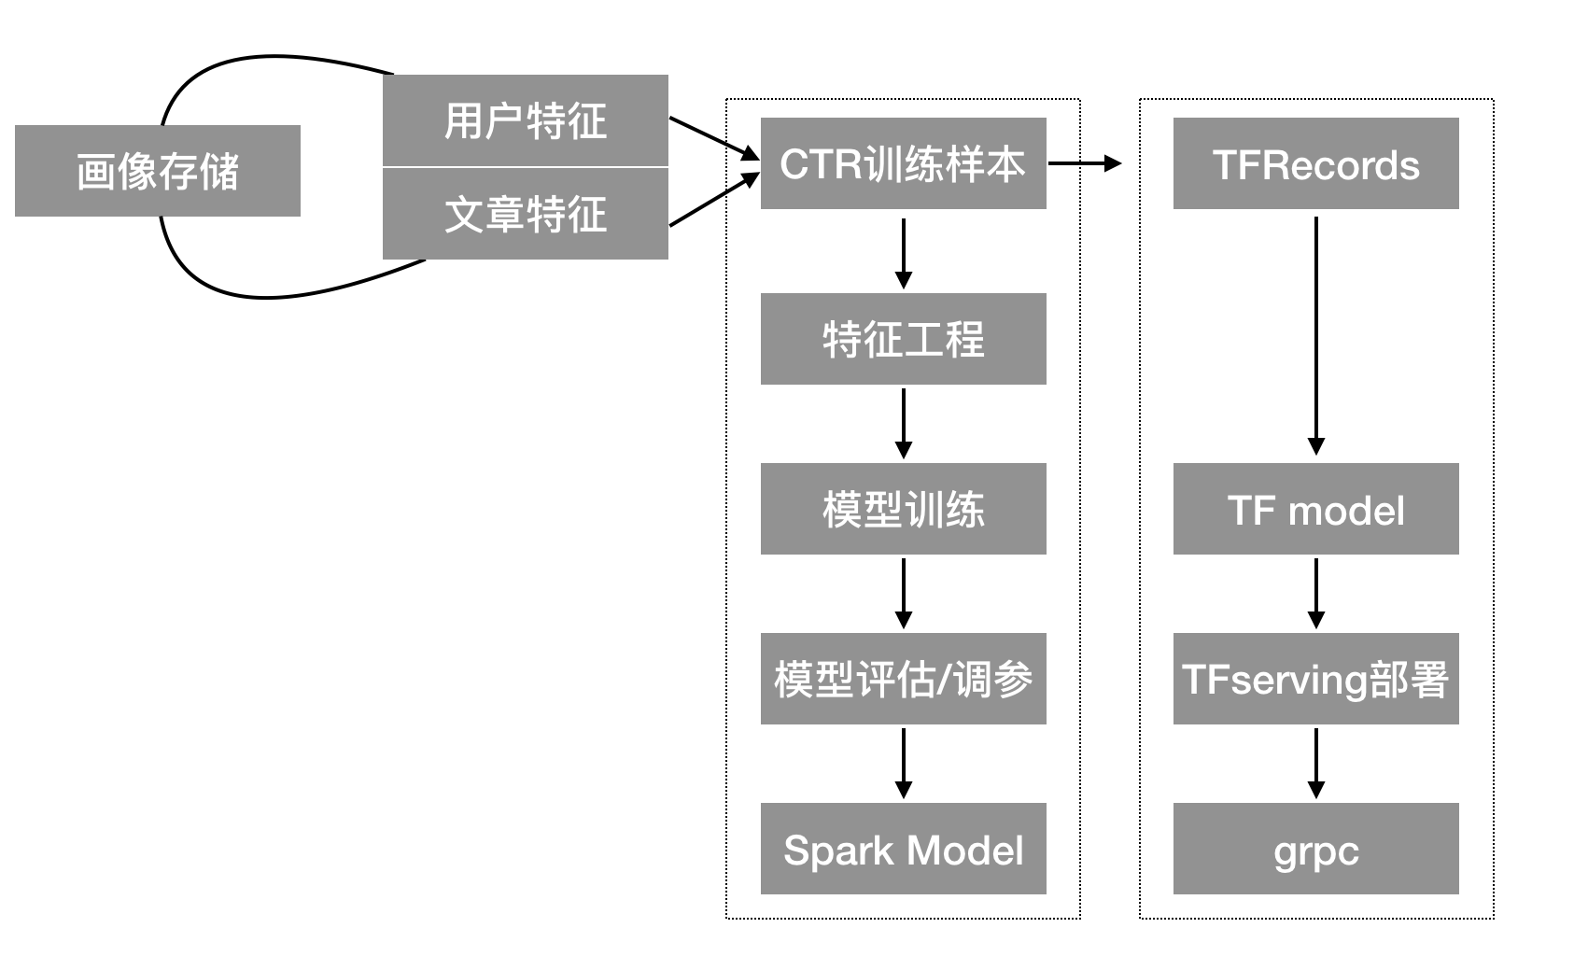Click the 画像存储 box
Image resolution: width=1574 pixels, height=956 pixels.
coord(157,171)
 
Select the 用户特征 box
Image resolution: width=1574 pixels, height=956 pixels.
coord(526,120)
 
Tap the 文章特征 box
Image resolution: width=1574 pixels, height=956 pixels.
coord(526,214)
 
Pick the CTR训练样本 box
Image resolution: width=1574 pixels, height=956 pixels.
coord(903,163)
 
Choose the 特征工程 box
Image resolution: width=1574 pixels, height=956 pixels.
coord(903,339)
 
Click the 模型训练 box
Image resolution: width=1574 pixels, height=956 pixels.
coord(903,509)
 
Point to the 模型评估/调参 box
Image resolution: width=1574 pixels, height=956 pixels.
coord(903,679)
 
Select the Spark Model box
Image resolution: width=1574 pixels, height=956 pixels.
coord(903,849)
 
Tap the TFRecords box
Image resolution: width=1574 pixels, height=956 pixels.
coord(1315,163)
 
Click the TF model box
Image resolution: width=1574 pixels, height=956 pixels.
coord(1315,509)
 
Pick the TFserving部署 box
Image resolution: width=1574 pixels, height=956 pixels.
coord(1315,679)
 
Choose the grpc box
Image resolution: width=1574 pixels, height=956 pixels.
coord(1315,849)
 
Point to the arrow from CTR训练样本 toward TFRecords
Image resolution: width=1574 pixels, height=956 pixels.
coord(1083,163)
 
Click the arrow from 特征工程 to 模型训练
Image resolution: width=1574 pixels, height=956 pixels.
coord(903,423)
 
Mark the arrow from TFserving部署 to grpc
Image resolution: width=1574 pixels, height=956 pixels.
coord(1316,763)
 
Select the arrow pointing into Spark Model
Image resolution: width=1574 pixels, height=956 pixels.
coord(903,763)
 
